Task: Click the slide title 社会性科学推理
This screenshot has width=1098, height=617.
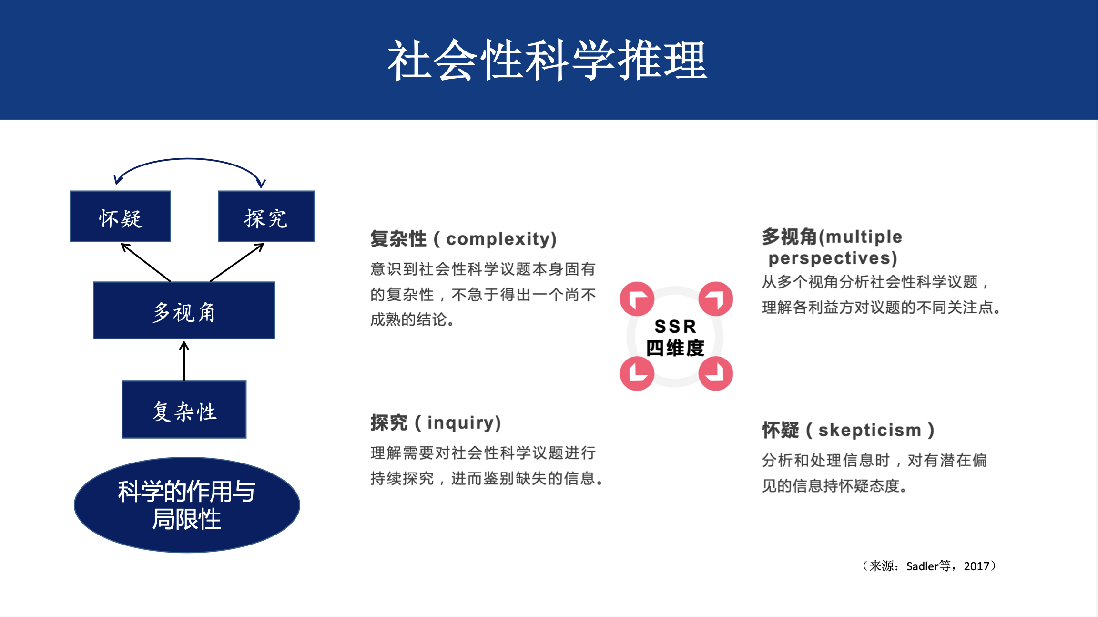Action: [x=548, y=61]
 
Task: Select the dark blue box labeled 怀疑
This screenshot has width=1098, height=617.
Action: [x=121, y=216]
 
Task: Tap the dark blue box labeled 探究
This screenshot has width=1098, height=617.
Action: [x=266, y=216]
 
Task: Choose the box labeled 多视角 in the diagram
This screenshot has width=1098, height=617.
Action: [x=184, y=311]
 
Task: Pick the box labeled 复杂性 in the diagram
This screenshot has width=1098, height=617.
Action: [x=184, y=410]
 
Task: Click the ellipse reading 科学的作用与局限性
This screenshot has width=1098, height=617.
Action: [x=187, y=505]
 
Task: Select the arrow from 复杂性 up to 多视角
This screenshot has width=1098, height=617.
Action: [x=184, y=360]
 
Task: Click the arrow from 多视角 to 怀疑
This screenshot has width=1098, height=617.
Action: [x=145, y=262]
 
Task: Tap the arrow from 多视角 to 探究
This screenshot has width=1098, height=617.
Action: [x=237, y=262]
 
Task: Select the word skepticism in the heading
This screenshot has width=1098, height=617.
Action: [x=870, y=430]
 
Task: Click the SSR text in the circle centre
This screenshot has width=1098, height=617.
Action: [x=675, y=327]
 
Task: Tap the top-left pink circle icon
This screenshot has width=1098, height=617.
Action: [x=637, y=299]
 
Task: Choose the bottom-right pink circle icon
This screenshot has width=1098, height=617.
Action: [x=715, y=373]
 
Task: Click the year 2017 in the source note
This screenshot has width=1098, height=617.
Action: [x=976, y=566]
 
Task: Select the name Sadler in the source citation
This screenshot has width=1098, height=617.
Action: [x=922, y=566]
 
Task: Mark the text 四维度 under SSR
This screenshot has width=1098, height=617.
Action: [x=675, y=348]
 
